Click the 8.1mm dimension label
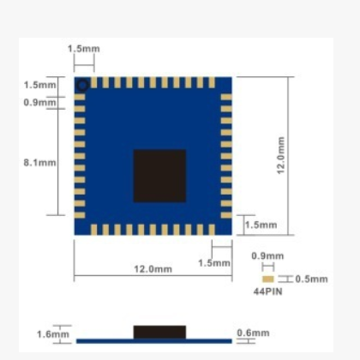[39, 163]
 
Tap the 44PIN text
[267, 291]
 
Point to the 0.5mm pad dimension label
[311, 279]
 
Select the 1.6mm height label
[53, 334]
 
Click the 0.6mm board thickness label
[253, 333]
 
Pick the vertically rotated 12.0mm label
[281, 155]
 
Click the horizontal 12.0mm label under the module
[153, 269]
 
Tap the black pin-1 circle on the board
[83, 86]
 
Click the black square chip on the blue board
[159, 176]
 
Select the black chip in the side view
[159, 332]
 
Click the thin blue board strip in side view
[154, 341]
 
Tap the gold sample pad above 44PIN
[268, 279]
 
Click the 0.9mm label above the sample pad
[267, 255]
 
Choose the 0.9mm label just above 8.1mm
[39, 102]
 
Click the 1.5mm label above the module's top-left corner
[84, 49]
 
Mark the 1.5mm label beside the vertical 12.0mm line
[261, 225]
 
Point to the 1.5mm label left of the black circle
[39, 85]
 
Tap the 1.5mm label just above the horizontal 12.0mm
[214, 263]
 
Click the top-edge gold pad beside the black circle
[93, 82]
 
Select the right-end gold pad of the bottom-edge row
[212, 230]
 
